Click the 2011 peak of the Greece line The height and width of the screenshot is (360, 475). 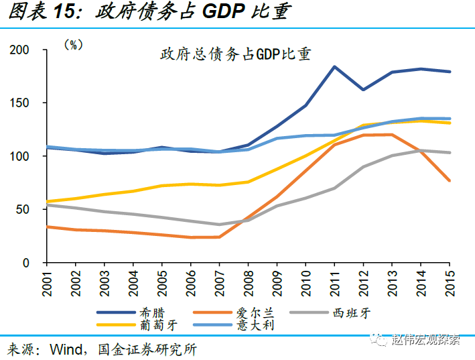click(x=334, y=66)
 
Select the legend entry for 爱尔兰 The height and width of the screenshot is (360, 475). click(x=249, y=312)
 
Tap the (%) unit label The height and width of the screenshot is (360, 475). click(x=73, y=45)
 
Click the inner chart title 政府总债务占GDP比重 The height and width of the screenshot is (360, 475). click(x=235, y=54)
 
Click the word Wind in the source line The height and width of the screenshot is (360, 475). click(x=67, y=349)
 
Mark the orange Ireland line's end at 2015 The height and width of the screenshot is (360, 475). click(x=450, y=180)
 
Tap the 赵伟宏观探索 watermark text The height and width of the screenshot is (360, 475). click(x=426, y=339)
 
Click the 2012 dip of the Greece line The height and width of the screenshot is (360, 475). click(x=362, y=89)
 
